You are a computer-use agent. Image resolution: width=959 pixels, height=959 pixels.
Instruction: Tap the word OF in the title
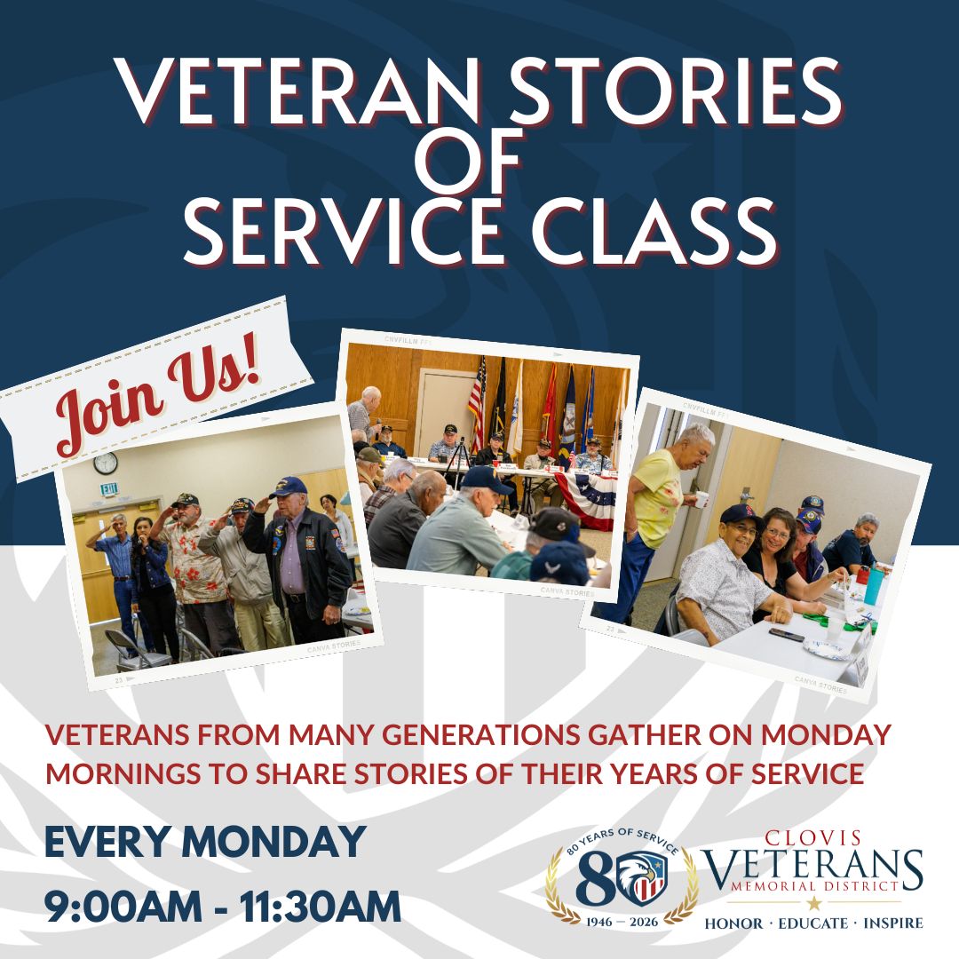(479, 160)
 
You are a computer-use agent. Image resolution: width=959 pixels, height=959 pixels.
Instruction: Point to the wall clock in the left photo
(106, 464)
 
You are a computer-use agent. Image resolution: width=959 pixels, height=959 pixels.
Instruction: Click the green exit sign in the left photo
(109, 489)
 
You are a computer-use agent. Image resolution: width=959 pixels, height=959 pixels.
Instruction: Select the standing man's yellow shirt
(657, 497)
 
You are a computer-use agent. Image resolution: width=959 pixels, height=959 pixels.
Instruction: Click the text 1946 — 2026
(621, 920)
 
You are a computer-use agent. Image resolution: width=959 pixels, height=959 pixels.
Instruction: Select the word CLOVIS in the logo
(812, 837)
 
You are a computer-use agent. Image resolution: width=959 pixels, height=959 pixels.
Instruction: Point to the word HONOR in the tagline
(733, 923)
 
